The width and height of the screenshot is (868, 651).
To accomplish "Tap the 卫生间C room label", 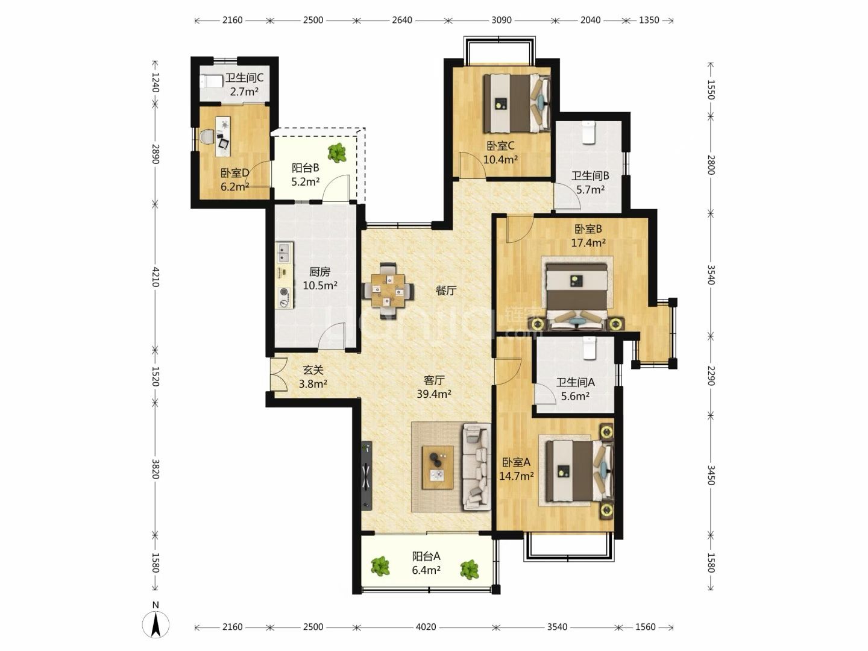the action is (x=244, y=78).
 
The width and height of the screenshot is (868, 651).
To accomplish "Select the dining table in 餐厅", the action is (x=388, y=291).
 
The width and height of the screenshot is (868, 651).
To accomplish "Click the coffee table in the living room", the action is (x=438, y=468).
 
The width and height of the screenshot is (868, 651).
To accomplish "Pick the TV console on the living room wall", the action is (x=366, y=476).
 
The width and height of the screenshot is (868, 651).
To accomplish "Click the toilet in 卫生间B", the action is (x=589, y=133).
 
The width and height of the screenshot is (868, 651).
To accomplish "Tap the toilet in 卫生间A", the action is (x=589, y=348).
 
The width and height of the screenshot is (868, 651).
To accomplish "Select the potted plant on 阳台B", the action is (x=337, y=153).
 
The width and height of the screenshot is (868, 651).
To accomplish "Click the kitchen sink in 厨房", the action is (x=284, y=253).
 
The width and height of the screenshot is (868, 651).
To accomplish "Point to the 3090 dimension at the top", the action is (x=502, y=20).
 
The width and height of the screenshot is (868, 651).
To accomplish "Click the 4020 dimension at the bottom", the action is (x=426, y=627).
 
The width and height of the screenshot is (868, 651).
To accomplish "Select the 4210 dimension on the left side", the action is (x=156, y=277).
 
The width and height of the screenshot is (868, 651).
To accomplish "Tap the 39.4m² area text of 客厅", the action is (x=434, y=394).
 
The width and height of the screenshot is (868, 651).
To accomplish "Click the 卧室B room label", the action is (x=588, y=229).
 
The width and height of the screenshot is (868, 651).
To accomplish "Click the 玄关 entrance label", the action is (x=313, y=370).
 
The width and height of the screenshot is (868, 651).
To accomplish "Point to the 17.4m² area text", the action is (x=588, y=243).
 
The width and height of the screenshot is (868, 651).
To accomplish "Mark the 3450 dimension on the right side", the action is (x=711, y=475).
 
